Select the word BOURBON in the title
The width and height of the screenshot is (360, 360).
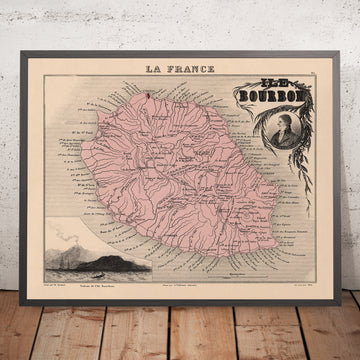[x=258, y=97]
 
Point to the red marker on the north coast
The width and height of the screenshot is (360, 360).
[x=147, y=94]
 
